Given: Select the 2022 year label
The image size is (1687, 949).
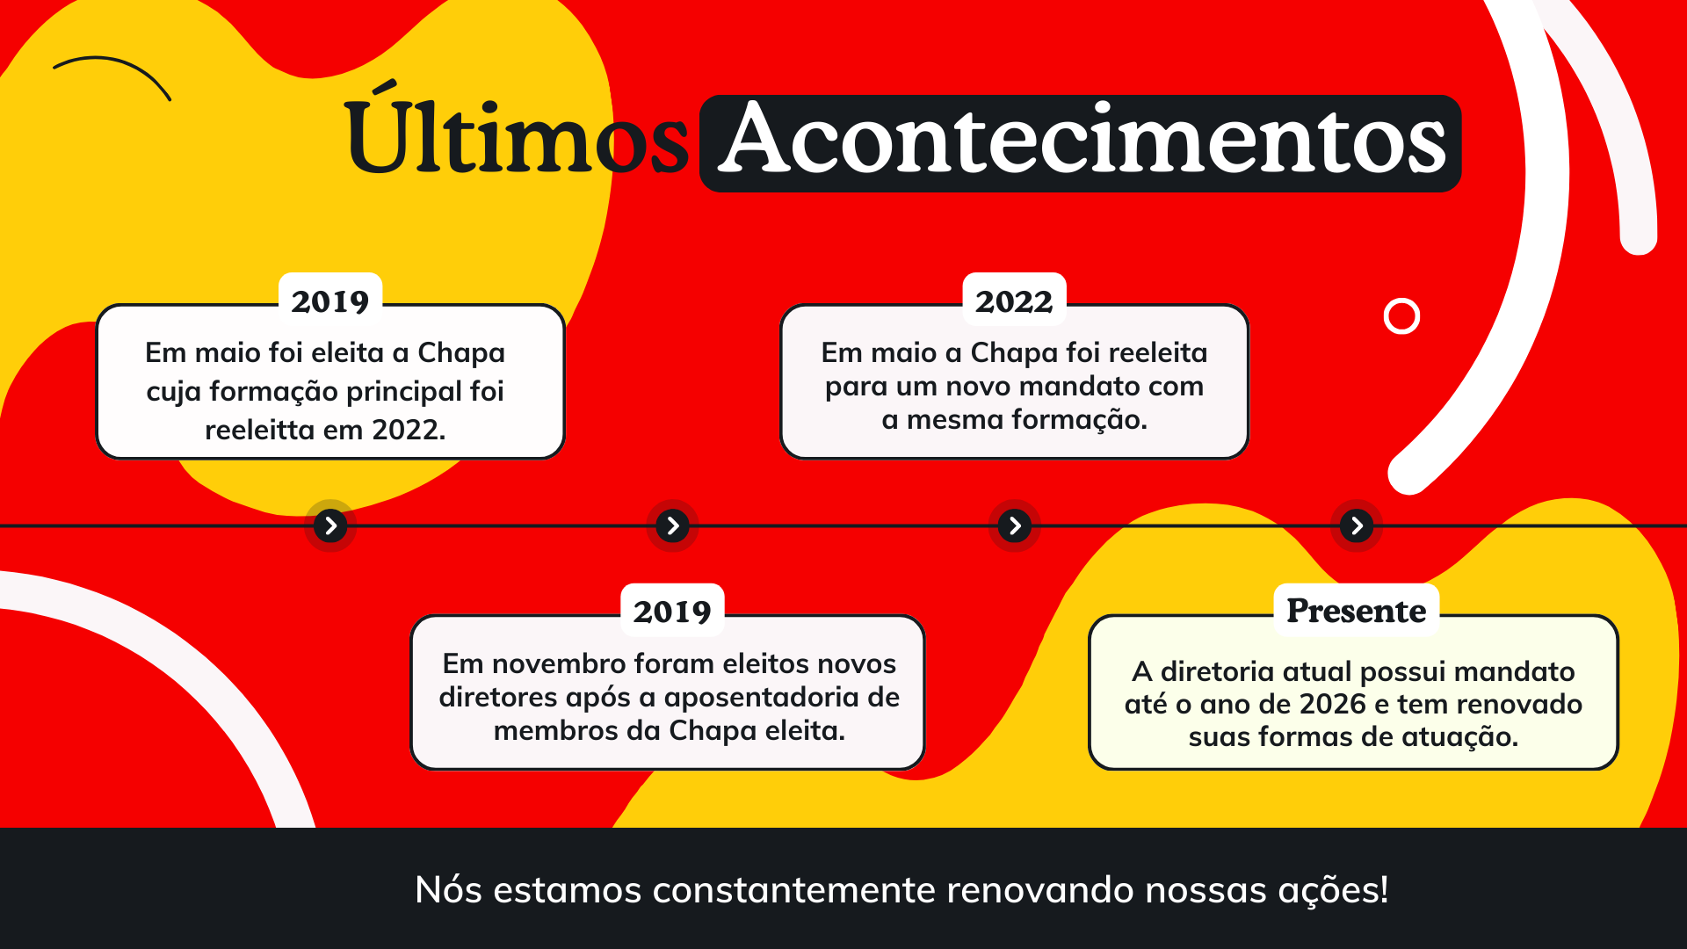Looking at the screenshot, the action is pos(1014,301).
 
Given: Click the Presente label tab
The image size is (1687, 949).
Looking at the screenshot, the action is pos(1356,610).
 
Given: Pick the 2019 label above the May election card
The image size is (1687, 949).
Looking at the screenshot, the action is pos(330,301).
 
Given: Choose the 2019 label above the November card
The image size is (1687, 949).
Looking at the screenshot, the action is pos(672,612).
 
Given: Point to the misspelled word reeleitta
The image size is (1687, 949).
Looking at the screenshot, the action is pos(259,430).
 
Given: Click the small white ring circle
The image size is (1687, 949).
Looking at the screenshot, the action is pos(1401,300).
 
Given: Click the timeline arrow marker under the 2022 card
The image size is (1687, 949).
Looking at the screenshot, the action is pos(1015,525).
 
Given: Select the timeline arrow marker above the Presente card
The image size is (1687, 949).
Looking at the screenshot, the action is pos(1357,525).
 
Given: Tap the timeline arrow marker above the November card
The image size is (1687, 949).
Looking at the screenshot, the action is pos(673,525).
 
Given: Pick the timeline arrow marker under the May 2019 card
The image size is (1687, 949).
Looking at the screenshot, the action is pos(330,525).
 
